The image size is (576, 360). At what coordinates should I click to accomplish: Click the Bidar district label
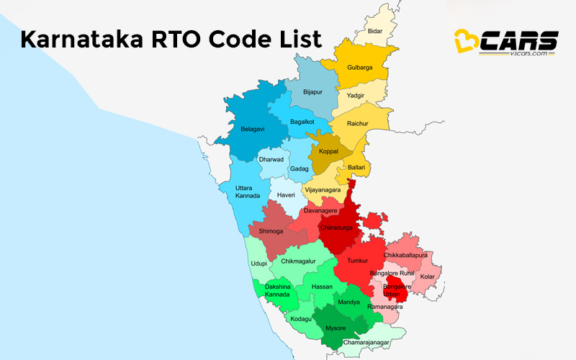point(375,32)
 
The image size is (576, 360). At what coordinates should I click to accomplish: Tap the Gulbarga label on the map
point(360,68)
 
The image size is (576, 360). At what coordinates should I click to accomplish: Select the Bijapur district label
point(312,92)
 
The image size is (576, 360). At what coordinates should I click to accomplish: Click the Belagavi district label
point(253,129)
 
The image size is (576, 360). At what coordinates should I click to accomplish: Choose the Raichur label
point(358,124)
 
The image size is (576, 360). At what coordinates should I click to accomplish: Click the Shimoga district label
point(261,231)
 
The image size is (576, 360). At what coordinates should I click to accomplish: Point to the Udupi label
point(258,264)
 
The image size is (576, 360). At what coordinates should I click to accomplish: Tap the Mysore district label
point(336,328)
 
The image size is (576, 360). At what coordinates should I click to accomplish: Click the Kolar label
point(428,276)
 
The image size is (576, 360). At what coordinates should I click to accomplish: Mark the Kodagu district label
point(300,318)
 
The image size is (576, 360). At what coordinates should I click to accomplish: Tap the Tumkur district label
point(357,261)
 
